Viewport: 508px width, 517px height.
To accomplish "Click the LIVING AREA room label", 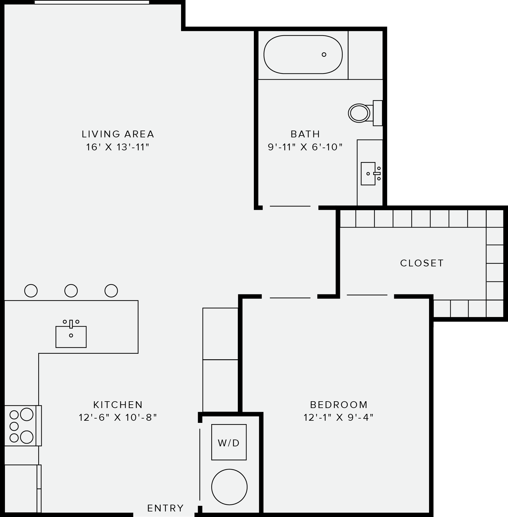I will [118, 134].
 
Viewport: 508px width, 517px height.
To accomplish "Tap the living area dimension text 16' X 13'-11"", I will [118, 147].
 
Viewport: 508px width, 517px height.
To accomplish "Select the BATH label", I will [305, 134].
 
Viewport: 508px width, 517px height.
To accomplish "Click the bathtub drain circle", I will [324, 55].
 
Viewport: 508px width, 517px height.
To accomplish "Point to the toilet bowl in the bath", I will [359, 113].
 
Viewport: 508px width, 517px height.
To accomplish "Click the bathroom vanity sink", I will [368, 173].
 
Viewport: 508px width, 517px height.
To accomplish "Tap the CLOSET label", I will [422, 263].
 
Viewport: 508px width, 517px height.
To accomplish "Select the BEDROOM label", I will [339, 404].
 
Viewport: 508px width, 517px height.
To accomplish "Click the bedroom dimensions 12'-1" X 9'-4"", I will [339, 418].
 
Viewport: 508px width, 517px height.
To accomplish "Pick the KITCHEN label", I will [118, 404].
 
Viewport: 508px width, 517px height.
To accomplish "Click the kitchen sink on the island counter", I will [71, 336].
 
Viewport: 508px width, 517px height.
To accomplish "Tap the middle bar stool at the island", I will [71, 290].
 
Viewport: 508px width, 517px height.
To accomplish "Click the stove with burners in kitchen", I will [22, 426].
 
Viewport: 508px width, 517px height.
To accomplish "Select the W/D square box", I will [229, 442].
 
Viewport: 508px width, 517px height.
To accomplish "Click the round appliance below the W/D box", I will [229, 487].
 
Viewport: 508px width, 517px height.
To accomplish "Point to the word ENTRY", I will [165, 508].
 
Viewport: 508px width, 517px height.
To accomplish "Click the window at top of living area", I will [92, 2].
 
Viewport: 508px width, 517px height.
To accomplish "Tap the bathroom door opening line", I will [290, 206].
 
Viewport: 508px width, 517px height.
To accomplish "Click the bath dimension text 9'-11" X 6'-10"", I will [305, 147].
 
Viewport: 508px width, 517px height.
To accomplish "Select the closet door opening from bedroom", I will [367, 295].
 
